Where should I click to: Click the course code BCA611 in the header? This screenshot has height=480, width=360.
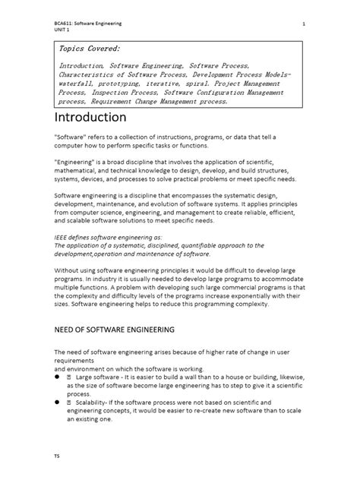click(64, 24)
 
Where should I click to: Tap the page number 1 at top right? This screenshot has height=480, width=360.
click(303, 24)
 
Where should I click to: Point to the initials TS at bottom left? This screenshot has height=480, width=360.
click(56, 458)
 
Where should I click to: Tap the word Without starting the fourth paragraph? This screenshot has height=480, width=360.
click(69, 270)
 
